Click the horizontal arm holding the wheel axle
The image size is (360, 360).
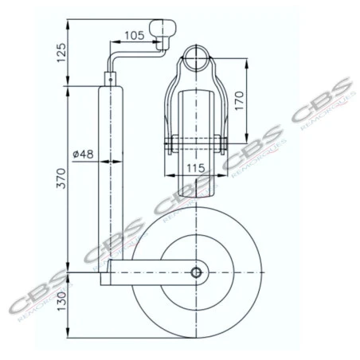(151, 273)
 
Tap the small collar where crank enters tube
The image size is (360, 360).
(109, 80)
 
